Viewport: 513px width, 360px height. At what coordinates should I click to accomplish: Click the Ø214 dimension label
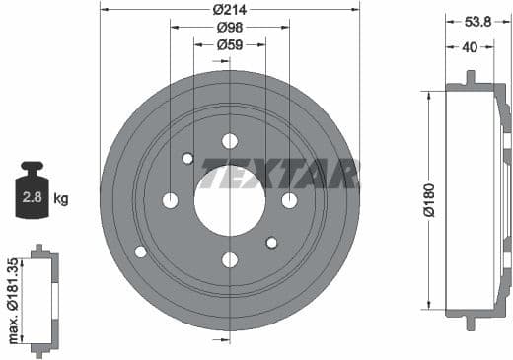(x=230, y=10)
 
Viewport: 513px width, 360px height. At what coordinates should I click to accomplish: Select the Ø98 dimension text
(x=230, y=28)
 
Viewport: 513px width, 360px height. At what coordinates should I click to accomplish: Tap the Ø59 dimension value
(x=230, y=44)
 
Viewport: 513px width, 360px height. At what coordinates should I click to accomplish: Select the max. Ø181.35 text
(x=12, y=301)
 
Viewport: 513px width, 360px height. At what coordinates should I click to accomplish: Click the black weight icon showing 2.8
(x=31, y=193)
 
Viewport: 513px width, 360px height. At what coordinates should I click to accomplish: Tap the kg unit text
(x=61, y=199)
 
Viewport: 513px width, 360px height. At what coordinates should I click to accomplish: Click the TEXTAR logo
(x=280, y=174)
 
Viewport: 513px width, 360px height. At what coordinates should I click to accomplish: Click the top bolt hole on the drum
(x=230, y=141)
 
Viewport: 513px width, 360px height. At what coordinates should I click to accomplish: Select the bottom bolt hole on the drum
(x=230, y=260)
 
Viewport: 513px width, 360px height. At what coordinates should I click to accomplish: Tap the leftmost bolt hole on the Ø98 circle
(x=170, y=201)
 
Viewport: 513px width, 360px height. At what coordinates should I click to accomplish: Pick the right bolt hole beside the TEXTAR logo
(x=289, y=201)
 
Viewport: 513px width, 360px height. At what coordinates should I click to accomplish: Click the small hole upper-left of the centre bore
(x=187, y=158)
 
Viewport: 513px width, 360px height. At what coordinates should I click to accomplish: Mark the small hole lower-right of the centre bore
(x=272, y=243)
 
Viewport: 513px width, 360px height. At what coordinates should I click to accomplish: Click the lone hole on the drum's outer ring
(x=140, y=252)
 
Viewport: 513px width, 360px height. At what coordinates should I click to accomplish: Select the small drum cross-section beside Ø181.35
(x=41, y=301)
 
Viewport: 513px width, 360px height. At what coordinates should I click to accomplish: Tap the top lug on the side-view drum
(x=471, y=78)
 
